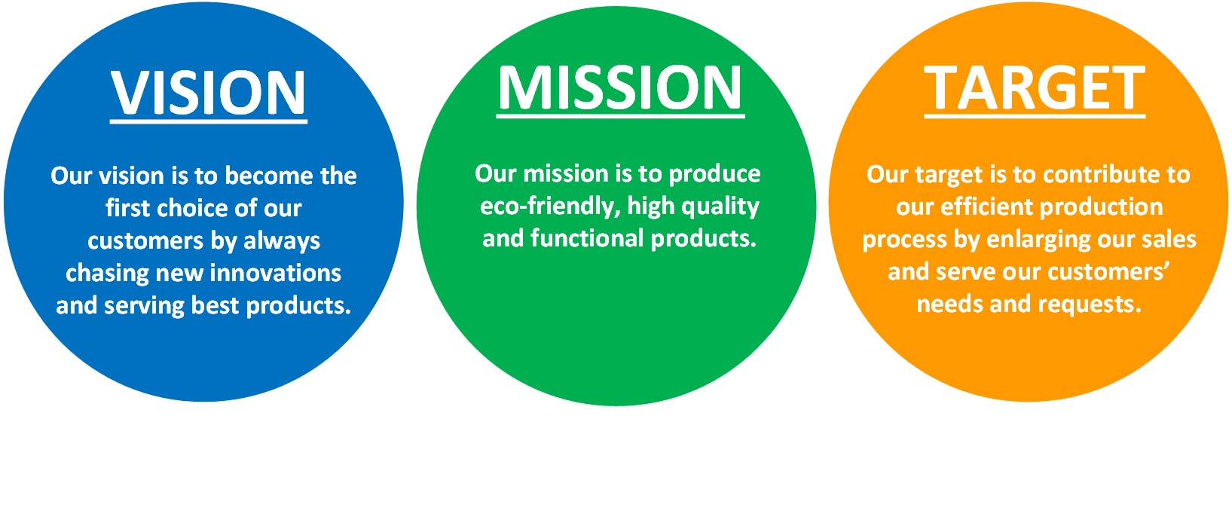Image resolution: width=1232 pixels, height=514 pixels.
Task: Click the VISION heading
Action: [x=209, y=92]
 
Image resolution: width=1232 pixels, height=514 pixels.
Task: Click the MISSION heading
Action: [x=620, y=87]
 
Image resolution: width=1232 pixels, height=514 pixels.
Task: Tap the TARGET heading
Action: [x=1035, y=88]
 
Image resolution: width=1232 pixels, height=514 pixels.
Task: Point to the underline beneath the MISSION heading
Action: [x=620, y=116]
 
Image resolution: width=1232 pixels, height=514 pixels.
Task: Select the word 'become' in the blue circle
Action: [x=270, y=176]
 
